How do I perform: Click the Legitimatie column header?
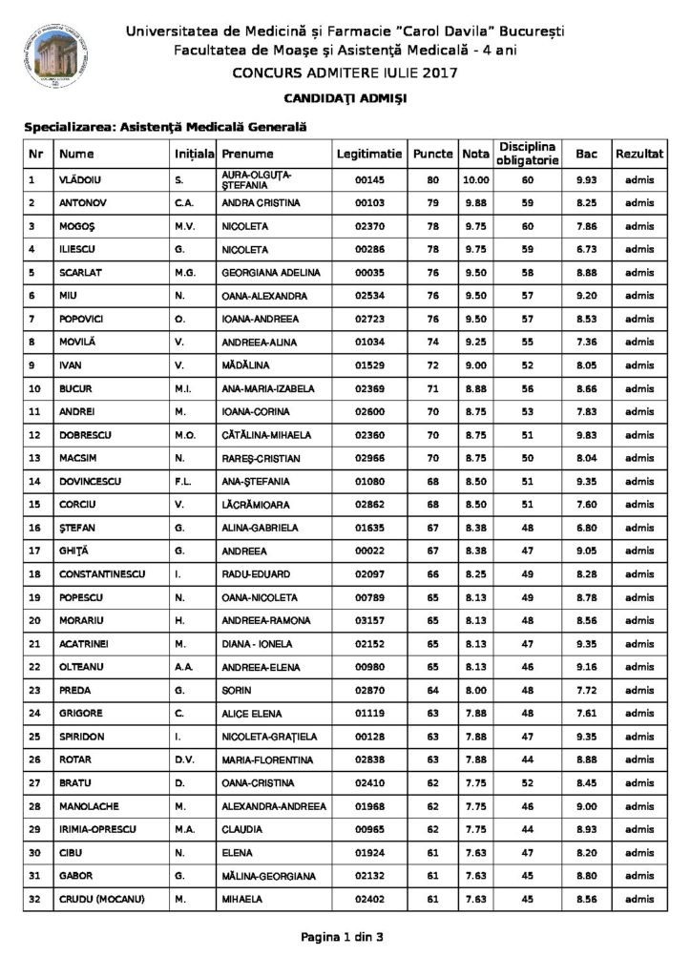point(369,154)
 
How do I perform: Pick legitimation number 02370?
point(368,226)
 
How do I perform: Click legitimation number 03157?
point(368,618)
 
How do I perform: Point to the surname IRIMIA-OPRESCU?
point(95,826)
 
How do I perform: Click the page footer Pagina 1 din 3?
point(342,937)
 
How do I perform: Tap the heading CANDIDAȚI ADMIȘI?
point(345,98)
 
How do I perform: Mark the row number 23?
point(34,688)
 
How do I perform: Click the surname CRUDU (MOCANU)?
point(100,896)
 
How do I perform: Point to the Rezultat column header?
point(639,154)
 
